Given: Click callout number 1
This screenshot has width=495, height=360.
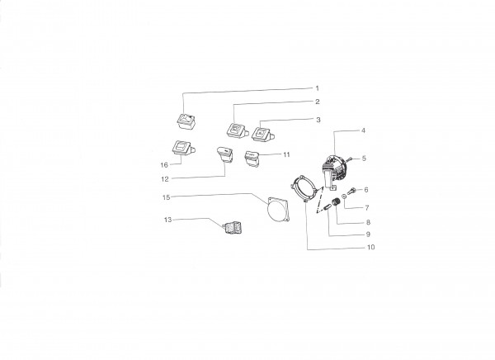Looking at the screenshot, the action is [318, 88].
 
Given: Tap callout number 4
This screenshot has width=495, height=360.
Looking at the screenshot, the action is [363, 130].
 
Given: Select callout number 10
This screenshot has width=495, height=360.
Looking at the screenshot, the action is [371, 247].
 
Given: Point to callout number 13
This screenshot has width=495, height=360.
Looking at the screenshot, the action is [168, 220].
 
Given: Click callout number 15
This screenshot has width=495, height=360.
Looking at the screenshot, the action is [167, 197].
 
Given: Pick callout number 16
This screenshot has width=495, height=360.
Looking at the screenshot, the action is [164, 165].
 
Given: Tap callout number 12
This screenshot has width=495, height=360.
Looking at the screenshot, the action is [165, 179].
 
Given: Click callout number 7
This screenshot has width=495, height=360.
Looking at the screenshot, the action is [367, 208].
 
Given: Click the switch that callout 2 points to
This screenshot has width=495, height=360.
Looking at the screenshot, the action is [236, 130].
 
